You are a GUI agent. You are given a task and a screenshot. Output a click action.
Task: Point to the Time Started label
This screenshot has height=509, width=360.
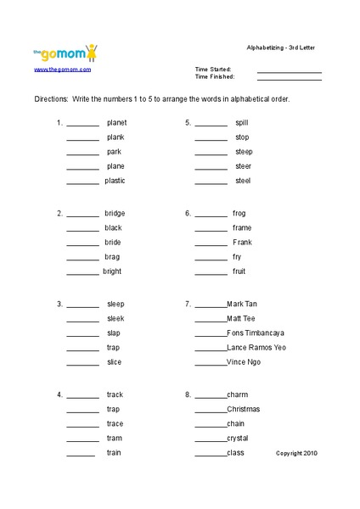pos(213,70)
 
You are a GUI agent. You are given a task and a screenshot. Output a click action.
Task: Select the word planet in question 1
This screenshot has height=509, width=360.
pos(116,122)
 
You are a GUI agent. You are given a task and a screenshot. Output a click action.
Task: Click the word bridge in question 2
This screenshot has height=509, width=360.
pos(115,213)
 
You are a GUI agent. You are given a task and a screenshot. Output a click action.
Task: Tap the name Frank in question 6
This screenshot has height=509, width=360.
pos(242,243)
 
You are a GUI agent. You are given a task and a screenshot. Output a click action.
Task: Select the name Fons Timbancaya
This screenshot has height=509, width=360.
pos(256,333)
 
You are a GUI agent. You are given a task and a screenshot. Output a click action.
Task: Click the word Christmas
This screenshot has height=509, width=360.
pos(243,409)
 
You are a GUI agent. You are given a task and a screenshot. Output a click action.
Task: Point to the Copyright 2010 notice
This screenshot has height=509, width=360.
pos(296,453)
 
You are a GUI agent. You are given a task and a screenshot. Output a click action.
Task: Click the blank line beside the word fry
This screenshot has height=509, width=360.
pos(211,257)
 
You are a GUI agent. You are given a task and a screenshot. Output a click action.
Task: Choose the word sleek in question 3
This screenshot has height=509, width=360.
pos(115,318)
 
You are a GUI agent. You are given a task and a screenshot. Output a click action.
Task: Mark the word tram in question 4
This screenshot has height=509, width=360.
pos(114,438)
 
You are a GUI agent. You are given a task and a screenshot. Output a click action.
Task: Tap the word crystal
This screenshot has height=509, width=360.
pos(238,438)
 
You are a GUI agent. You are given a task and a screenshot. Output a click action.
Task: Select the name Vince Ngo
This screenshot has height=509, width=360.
pos(244,361)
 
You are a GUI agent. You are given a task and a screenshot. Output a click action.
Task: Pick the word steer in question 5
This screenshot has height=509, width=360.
pos(243,166)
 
